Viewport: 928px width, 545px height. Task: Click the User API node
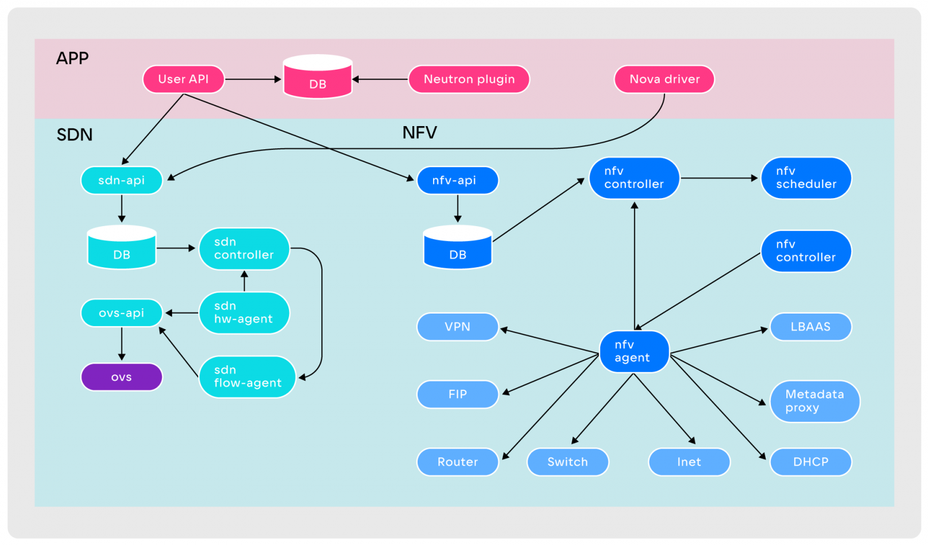pyautogui.click(x=183, y=79)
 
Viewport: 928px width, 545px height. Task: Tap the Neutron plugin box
pyautogui.click(x=469, y=79)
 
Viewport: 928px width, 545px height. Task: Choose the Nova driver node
pyautogui.click(x=664, y=79)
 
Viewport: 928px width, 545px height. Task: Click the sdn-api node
pyautogui.click(x=121, y=180)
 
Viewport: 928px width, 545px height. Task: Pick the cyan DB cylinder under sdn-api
pyautogui.click(x=121, y=248)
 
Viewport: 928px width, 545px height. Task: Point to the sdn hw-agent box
pyautogui.click(x=244, y=312)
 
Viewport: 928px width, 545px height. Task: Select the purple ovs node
pyautogui.click(x=121, y=377)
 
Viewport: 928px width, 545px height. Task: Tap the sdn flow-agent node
pyautogui.click(x=247, y=377)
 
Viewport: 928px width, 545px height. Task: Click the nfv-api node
pyautogui.click(x=457, y=180)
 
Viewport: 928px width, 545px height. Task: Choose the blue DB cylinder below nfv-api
pyautogui.click(x=457, y=248)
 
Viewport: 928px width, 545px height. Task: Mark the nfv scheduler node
pyautogui.click(x=806, y=178)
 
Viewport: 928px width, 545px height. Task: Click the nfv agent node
pyautogui.click(x=634, y=352)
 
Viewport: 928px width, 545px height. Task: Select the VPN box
pyautogui.click(x=457, y=327)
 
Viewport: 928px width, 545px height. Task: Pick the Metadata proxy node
pyautogui.click(x=814, y=402)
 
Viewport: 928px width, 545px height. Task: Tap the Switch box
pyautogui.click(x=568, y=462)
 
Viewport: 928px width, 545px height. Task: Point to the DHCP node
pyautogui.click(x=810, y=462)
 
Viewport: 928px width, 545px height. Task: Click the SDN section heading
pyautogui.click(x=74, y=135)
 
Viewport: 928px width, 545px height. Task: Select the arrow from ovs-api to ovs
pyautogui.click(x=121, y=343)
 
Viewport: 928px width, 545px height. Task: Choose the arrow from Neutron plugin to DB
pyautogui.click(x=381, y=79)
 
